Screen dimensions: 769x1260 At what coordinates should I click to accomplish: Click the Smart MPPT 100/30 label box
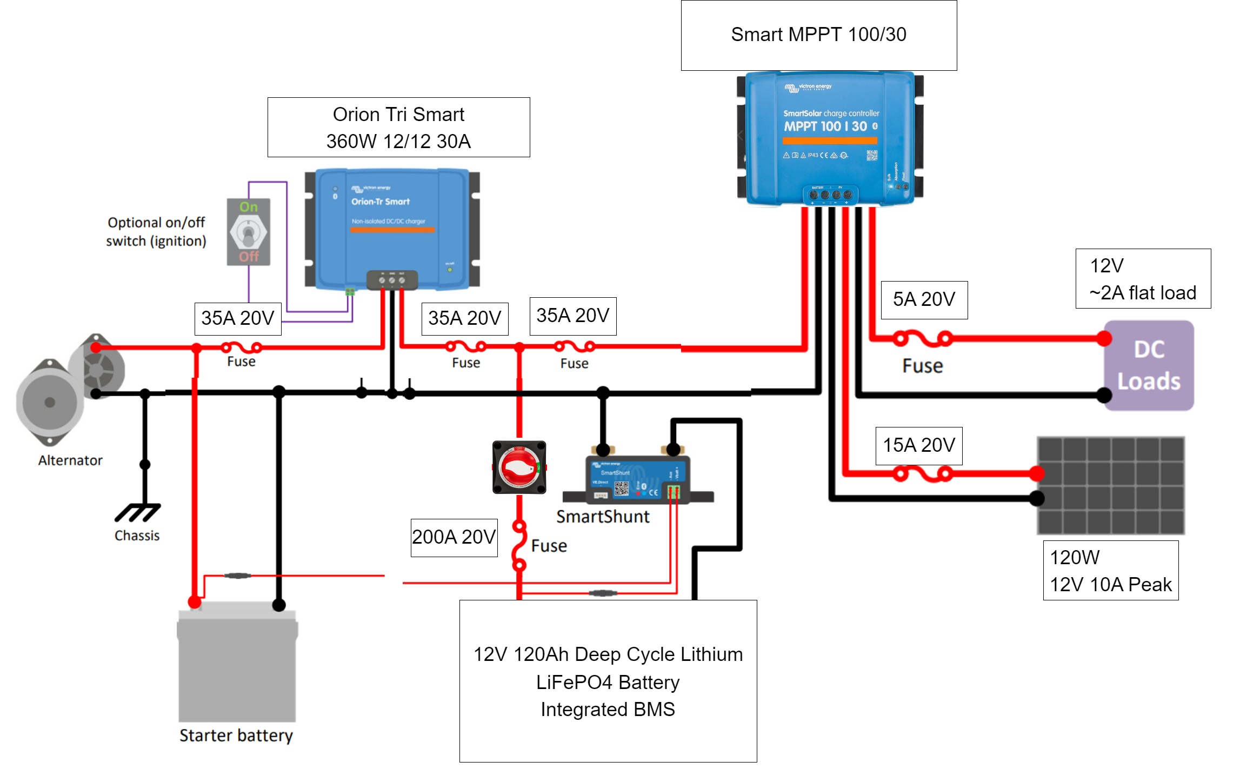pos(818,35)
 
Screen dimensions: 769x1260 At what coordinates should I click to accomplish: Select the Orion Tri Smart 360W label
pos(398,128)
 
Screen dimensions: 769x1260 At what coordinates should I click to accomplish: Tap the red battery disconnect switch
pos(519,467)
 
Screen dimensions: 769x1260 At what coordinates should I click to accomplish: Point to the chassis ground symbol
pos(137,512)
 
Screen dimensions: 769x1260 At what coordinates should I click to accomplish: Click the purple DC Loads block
pos(1149,365)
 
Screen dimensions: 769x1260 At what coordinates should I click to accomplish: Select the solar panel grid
pos(1111,485)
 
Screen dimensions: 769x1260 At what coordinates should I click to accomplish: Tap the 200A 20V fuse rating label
pos(454,537)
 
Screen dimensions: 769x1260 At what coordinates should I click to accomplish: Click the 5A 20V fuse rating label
pos(924,299)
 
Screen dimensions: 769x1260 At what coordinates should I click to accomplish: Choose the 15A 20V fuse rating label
pos(919,445)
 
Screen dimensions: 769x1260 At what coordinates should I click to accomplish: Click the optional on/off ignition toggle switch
pos(248,232)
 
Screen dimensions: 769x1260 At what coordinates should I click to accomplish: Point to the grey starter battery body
pos(237,667)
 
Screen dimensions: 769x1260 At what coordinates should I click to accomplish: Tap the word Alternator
pos(70,460)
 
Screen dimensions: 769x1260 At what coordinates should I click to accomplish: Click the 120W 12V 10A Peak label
pos(1110,571)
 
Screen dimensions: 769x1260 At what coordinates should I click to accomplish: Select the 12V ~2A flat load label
pos(1143,279)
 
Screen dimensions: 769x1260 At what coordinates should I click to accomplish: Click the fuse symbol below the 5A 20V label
pos(922,339)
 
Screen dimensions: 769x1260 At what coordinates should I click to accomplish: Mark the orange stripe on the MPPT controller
pos(830,141)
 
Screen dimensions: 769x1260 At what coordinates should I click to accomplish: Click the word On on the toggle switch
pos(249,207)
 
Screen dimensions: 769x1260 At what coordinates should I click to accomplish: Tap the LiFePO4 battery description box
pos(608,681)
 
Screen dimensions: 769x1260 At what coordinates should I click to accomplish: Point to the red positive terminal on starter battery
pos(195,602)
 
